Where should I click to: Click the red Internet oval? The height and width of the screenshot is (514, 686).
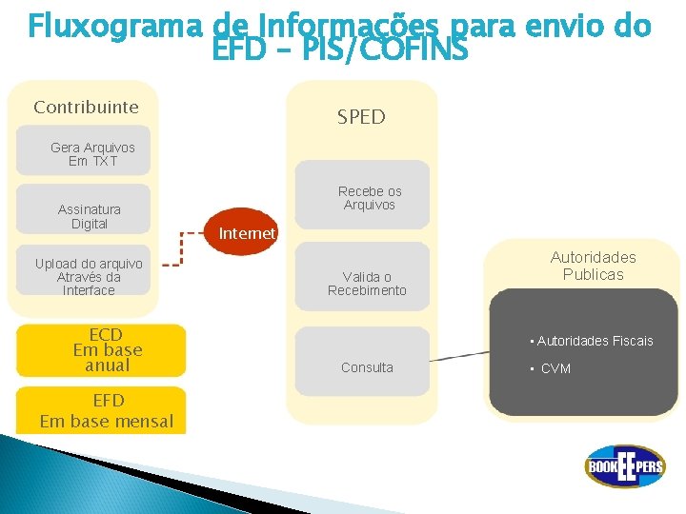(244, 231)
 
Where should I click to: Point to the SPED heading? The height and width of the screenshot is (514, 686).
(361, 117)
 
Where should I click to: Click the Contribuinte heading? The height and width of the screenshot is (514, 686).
(86, 107)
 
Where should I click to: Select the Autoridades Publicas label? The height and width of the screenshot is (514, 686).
(593, 266)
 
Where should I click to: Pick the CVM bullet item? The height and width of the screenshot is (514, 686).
(555, 368)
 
